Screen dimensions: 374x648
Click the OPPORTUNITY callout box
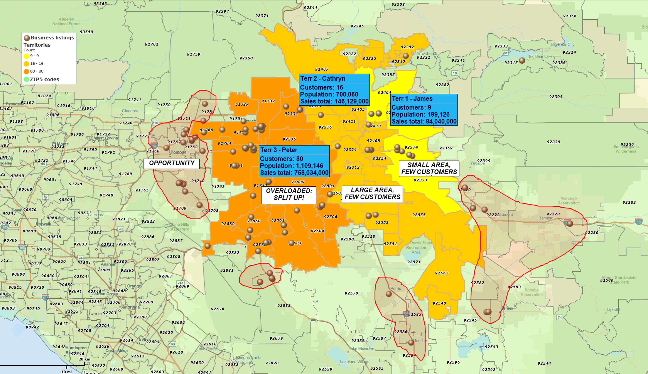[171, 163]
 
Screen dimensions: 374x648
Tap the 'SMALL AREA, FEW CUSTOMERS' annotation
[429, 168]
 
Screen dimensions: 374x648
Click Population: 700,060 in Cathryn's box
[329, 94]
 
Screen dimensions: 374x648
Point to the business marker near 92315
[522, 61]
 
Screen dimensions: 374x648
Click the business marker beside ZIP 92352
[405, 56]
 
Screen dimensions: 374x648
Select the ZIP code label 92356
[570, 16]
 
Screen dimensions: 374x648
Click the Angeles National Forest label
[67, 21]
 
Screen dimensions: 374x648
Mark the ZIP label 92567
[442, 273]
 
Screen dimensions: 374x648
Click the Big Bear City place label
[563, 44]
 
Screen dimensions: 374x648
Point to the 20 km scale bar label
[84, 359]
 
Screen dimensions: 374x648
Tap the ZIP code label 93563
[100, 4]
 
